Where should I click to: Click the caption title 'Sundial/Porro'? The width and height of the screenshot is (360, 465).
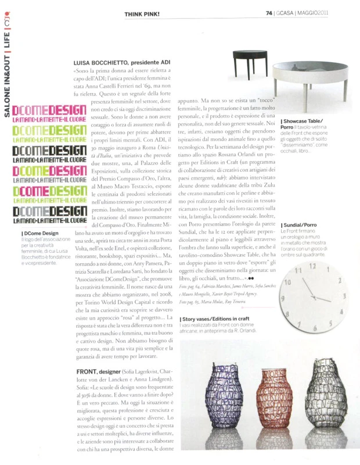tap(300, 225)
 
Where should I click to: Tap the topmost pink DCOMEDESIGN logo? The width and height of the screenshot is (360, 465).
tap(49, 110)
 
